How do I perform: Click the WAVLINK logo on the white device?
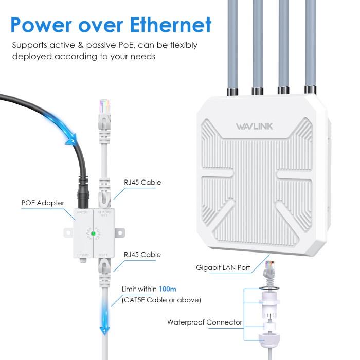click(257, 127)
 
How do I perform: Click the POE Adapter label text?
click(43, 203)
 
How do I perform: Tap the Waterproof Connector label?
click(205, 322)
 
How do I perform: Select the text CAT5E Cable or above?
click(161, 300)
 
